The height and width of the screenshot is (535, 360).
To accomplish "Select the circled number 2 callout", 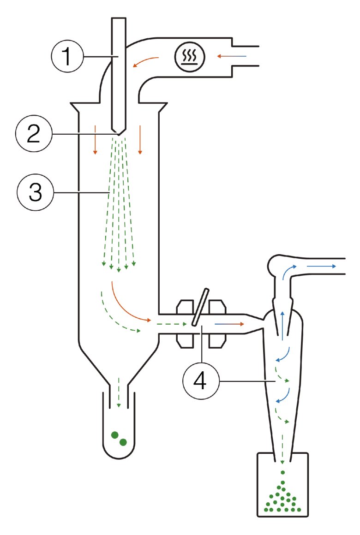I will (32, 134).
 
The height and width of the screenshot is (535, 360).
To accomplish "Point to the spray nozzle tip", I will (119, 132).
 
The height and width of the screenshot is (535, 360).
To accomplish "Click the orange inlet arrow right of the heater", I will (232, 56).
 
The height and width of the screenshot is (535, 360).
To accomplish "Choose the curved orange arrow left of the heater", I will (146, 61).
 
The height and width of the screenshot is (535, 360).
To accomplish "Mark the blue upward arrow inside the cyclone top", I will (282, 324).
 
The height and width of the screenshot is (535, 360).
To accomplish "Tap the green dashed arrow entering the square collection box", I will (282, 450).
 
